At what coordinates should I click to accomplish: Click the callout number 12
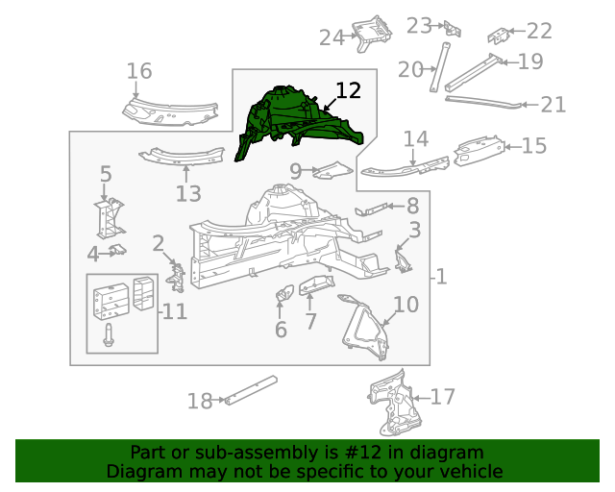pos(348,91)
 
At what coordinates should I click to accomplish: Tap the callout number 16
pos(139,71)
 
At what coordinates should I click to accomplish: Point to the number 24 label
pos(332,37)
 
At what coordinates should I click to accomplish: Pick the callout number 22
pos(539,32)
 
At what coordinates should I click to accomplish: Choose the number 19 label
pos(530,61)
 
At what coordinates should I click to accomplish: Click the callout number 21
pos(553,105)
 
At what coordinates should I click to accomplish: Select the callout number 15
pos(534,146)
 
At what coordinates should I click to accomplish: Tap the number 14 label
pos(415,138)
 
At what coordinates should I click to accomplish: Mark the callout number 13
pos(188,193)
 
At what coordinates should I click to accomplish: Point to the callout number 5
pos(106,174)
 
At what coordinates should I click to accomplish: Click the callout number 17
pos(443,396)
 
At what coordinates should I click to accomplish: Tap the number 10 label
pos(406,305)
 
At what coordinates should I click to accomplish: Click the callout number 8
pos(412,206)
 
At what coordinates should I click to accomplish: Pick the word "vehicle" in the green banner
pos(471,471)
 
